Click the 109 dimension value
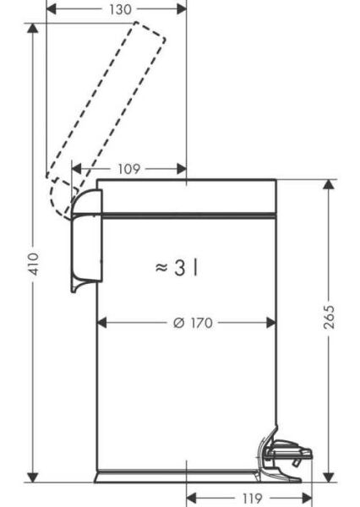129,169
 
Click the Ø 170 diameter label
190,323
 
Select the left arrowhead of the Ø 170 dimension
102,323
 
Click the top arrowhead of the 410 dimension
33,28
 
